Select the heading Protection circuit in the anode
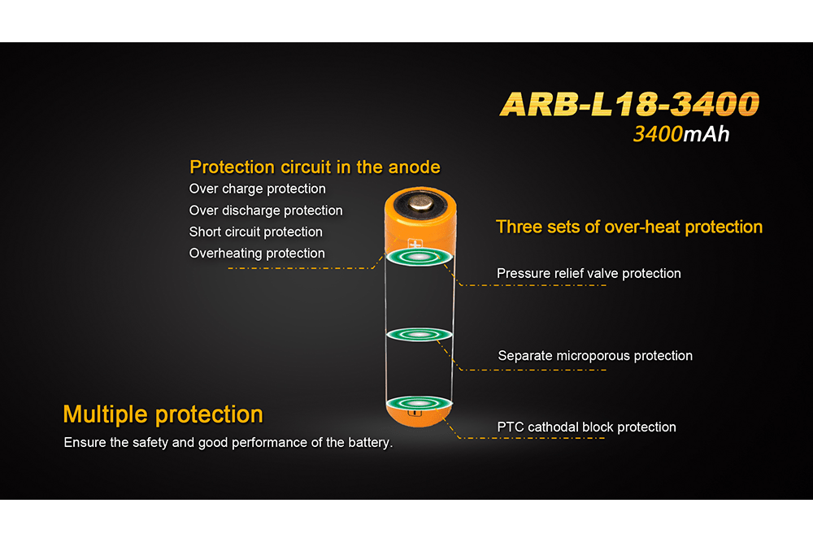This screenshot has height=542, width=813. [315, 167]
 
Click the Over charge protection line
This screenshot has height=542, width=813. [257, 189]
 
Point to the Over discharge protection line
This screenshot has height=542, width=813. [266, 210]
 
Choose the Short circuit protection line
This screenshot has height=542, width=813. [255, 232]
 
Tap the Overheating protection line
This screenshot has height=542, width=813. [257, 254]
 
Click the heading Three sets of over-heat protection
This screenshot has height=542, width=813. [629, 227]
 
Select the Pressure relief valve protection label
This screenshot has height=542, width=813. [589, 274]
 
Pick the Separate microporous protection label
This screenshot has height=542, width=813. [595, 356]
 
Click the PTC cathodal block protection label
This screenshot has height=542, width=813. [586, 427]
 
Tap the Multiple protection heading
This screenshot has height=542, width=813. [163, 414]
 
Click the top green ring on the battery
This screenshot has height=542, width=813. [419, 258]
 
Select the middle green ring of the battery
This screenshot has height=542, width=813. [419, 335]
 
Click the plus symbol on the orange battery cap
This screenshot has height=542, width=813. [416, 243]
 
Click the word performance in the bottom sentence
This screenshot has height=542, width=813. [267, 444]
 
